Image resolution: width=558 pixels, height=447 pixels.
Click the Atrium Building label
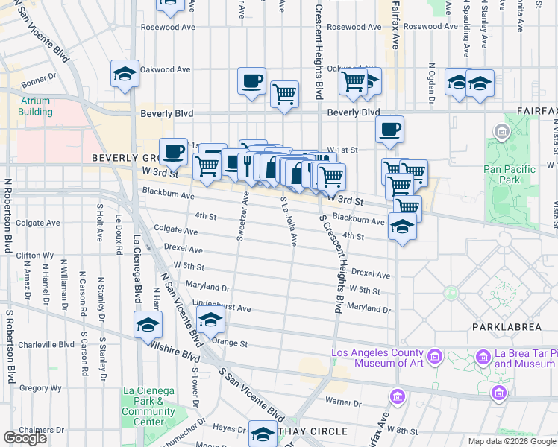click(36, 107)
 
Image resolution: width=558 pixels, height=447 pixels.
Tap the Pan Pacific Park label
click(510, 174)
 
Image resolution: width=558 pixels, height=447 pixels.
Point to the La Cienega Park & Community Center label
click(148, 402)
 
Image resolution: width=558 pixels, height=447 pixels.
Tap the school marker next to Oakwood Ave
click(125, 74)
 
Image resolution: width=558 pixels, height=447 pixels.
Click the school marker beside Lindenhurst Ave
click(211, 321)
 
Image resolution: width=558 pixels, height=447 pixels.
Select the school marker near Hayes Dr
click(263, 433)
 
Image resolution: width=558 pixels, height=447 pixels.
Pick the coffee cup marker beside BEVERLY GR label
click(173, 151)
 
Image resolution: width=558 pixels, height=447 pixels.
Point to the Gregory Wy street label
click(35, 388)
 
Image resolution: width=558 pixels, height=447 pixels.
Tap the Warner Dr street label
click(342, 403)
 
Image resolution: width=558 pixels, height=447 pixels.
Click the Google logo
click(25, 438)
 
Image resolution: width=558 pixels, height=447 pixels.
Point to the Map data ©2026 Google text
click(511, 441)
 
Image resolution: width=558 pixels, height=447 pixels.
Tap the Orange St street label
click(230, 343)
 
